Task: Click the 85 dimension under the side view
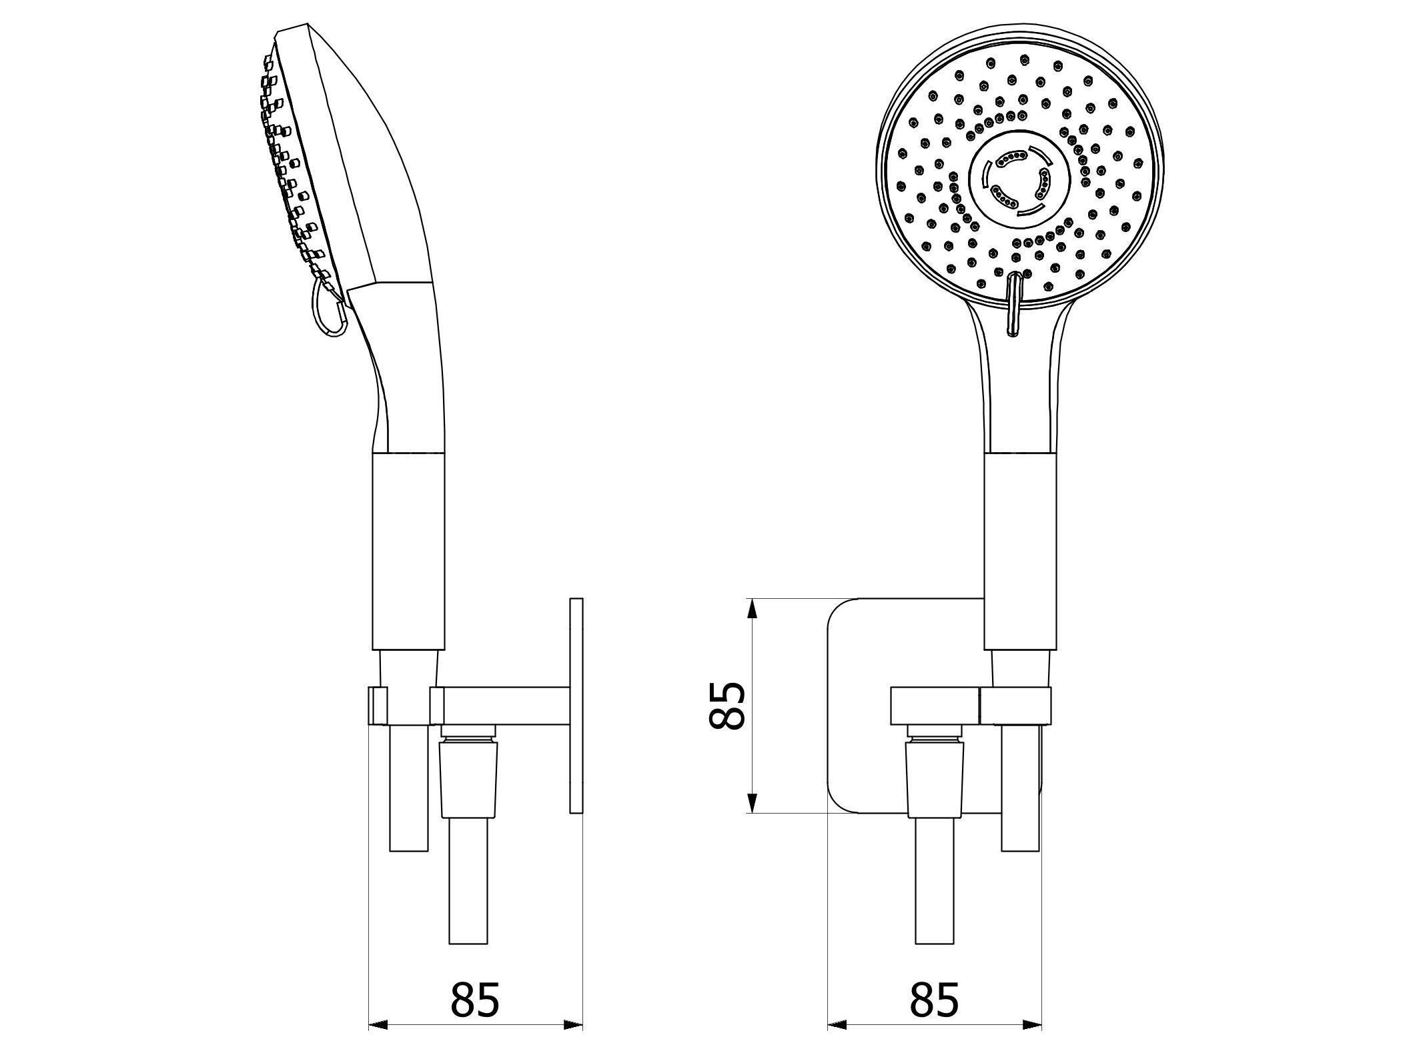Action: coord(474,962)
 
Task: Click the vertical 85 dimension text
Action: coord(727,706)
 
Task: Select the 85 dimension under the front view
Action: coord(933,962)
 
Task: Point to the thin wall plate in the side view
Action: coord(576,706)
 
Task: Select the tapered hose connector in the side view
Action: coord(467,777)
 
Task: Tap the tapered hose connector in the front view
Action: coord(934,777)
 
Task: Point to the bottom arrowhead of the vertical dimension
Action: coord(752,804)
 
